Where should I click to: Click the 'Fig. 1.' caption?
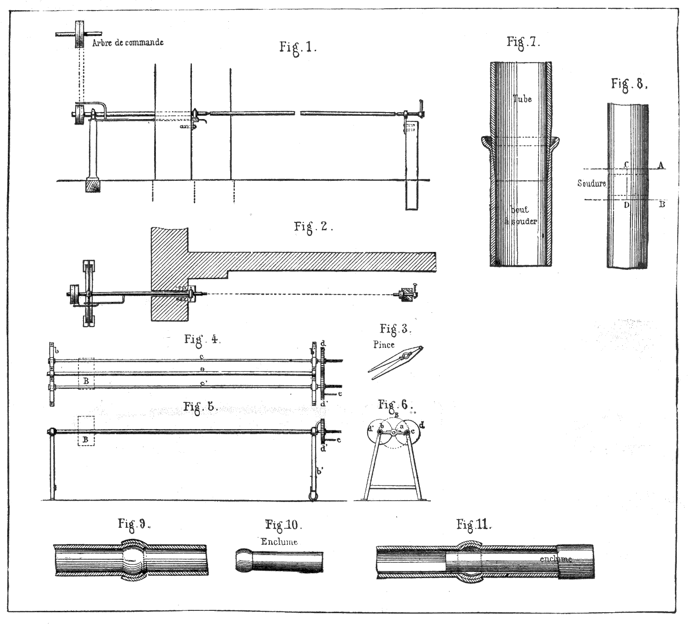298,48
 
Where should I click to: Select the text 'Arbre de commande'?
128,42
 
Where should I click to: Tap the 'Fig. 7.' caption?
523,42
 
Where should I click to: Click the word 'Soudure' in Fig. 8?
591,184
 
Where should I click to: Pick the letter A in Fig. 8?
661,165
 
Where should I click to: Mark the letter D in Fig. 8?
626,205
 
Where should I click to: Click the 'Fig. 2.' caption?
313,227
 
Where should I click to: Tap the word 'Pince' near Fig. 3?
384,345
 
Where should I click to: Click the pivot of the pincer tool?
406,356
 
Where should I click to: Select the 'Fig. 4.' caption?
202,340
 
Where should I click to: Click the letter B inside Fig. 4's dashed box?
86,382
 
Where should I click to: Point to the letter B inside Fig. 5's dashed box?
85,440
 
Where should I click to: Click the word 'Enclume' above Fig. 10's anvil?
279,542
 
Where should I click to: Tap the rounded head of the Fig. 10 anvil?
245,560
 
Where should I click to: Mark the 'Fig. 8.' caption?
629,84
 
